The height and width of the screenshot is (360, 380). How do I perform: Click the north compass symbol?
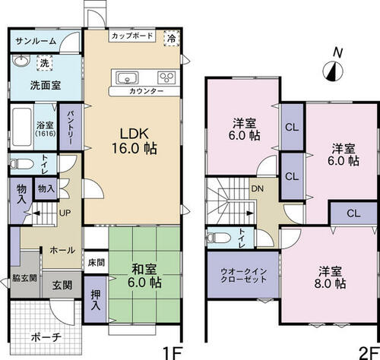coord(333,71)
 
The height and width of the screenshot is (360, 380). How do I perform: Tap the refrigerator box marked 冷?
coord(172,39)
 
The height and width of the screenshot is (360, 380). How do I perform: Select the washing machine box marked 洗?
coord(45,63)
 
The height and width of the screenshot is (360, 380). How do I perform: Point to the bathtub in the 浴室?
coord(22,128)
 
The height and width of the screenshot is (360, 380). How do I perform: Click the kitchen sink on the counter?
coord(127,77)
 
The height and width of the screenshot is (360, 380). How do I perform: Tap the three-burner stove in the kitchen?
coord(166,77)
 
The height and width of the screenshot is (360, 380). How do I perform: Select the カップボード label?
coord(132,36)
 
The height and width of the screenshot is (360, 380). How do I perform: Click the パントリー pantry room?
coord(71,127)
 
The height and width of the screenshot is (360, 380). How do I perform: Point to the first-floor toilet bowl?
coord(23,164)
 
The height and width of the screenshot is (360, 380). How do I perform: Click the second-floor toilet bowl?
coord(219,238)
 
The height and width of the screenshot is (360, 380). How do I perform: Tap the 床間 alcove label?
coord(97,263)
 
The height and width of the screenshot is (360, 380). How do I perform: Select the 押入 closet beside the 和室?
coord(95,299)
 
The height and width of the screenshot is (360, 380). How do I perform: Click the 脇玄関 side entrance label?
coord(24,278)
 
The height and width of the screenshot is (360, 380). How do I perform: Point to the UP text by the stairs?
coord(65,213)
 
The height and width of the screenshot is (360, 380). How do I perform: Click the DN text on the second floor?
coord(258,188)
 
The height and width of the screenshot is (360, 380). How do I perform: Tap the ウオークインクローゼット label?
coord(243,276)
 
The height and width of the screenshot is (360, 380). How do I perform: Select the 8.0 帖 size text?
coord(330,284)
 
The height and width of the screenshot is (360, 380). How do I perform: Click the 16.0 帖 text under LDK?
coord(135,148)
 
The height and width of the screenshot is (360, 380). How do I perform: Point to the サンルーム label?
coord(36,41)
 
